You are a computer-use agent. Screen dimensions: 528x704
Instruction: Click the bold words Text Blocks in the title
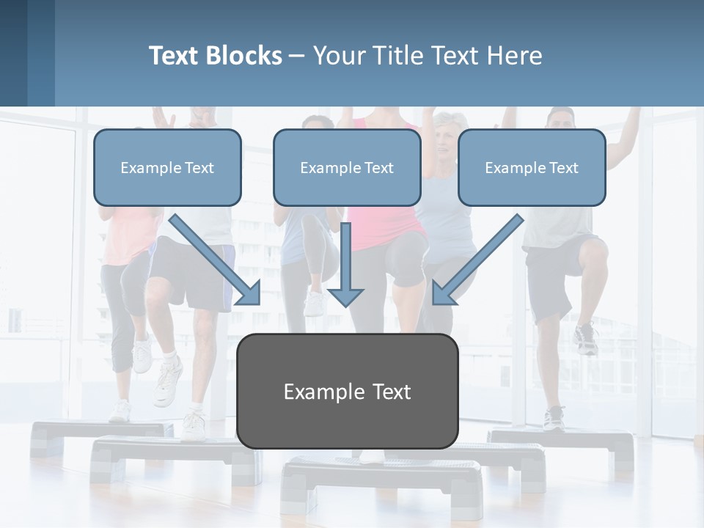pyautogui.click(x=215, y=56)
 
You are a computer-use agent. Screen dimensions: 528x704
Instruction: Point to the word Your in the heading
pyautogui.click(x=338, y=56)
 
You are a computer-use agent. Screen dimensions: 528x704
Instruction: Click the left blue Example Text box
pyautogui.click(x=167, y=168)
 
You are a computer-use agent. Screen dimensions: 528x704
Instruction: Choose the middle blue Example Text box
pyautogui.click(x=347, y=168)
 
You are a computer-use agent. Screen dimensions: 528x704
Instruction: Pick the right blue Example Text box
pyautogui.click(x=532, y=168)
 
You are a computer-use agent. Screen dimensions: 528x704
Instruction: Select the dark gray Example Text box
pyautogui.click(x=347, y=392)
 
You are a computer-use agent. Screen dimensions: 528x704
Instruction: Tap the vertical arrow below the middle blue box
pyautogui.click(x=345, y=264)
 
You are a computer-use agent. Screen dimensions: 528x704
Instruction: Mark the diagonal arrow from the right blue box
pyautogui.click(x=477, y=260)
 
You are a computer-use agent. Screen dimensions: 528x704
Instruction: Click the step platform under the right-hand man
pyautogui.click(x=565, y=443)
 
